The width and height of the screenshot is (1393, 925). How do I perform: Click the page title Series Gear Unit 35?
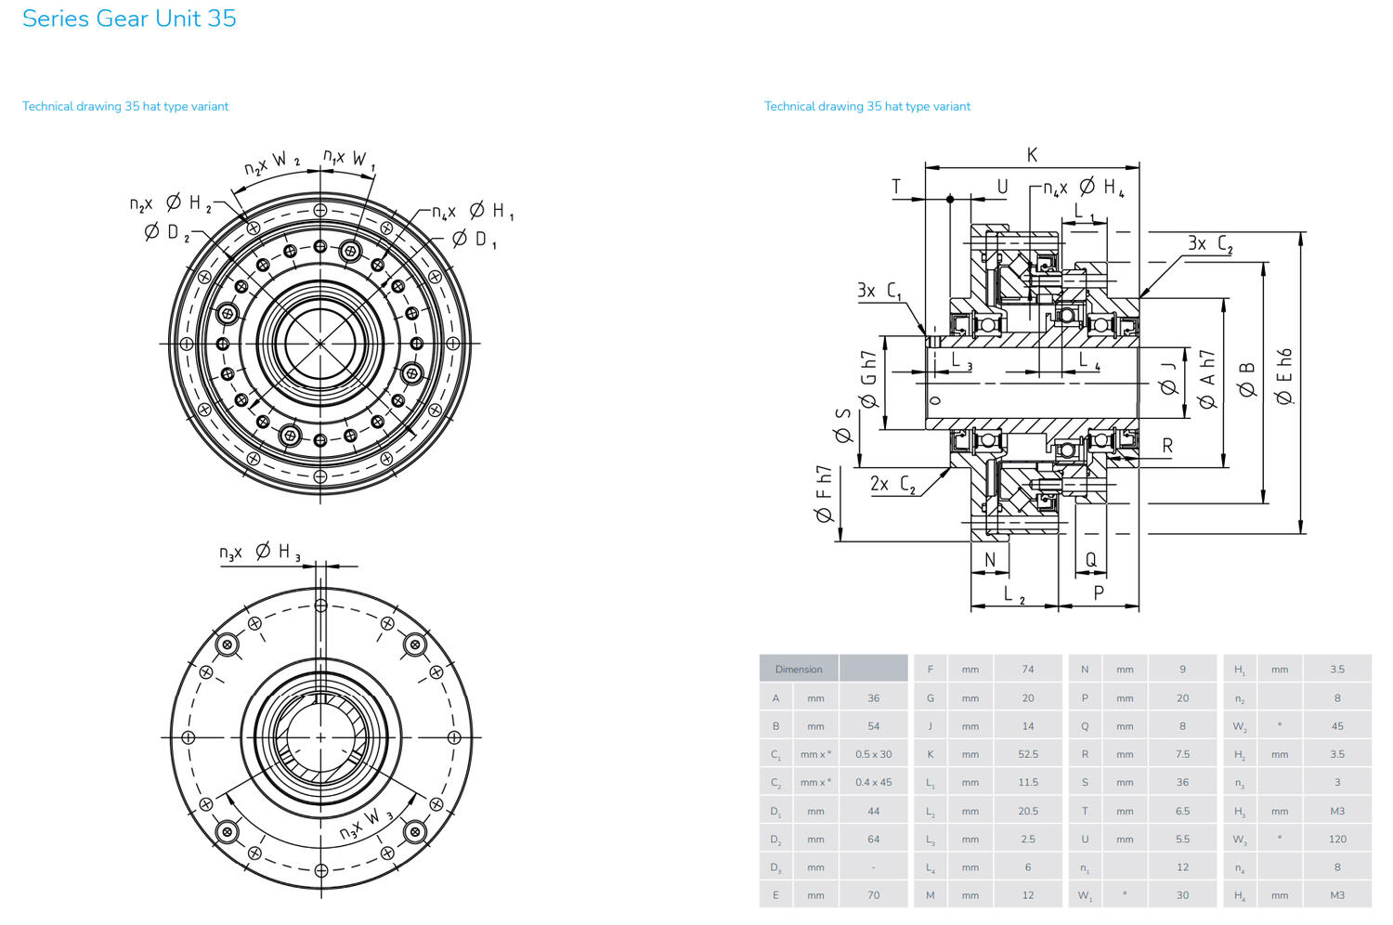pos(129,19)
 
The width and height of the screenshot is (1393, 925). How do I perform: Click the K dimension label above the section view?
pos(1032,155)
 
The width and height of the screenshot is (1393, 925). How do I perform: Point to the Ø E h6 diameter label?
pos(1284,376)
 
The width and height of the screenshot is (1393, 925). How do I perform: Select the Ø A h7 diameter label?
pos(1206,379)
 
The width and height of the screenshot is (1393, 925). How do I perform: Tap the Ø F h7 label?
pos(824,494)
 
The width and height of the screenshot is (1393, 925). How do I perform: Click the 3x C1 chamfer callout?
pos(879,291)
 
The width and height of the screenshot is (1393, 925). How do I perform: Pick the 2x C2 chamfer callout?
pos(892,484)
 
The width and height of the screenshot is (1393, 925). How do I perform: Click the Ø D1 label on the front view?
pos(475,240)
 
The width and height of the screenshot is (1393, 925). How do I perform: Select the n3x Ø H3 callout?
pos(260,552)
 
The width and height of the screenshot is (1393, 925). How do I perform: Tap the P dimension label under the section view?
pos(1099,593)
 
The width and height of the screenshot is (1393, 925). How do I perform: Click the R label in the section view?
pos(1167,446)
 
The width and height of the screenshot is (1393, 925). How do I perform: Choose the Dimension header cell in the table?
pos(799,669)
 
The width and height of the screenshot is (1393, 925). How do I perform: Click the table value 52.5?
pos(1028,754)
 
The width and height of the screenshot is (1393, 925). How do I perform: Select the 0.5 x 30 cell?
pos(873,754)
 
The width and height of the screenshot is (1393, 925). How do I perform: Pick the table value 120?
pos(1337,839)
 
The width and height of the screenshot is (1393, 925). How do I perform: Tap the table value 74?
pos(1028,669)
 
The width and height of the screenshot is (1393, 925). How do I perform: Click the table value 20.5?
pos(1028,811)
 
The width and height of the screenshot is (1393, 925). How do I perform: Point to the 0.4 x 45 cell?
pos(873,782)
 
